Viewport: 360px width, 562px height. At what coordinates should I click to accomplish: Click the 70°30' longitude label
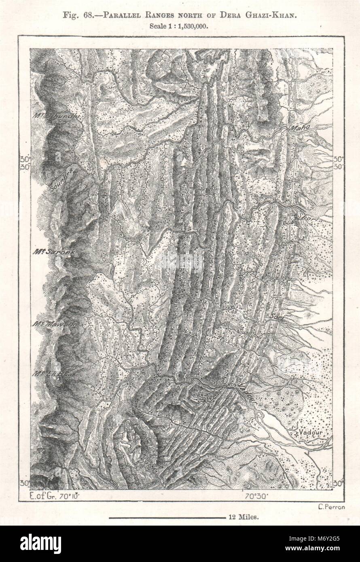coord(254,494)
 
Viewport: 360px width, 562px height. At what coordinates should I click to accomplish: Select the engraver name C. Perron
coord(331,508)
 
